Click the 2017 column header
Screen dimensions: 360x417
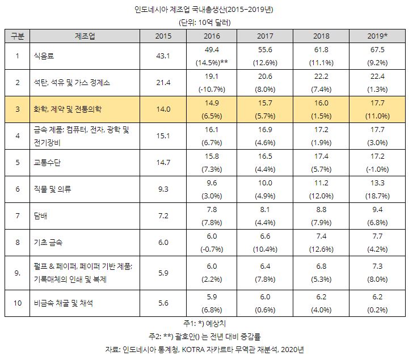264,36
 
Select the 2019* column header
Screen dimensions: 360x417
376,36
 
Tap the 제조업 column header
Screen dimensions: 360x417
85,36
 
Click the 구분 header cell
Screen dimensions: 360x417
18,36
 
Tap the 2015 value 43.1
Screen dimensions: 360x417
163,56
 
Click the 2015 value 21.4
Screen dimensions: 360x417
163,82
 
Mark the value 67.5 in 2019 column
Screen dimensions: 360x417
376,50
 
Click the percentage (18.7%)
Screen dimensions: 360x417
376,196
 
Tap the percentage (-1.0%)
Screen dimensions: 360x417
376,169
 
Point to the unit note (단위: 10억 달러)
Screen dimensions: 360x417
208,22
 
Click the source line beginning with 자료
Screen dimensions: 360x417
208,349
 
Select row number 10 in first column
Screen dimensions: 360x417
18,303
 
